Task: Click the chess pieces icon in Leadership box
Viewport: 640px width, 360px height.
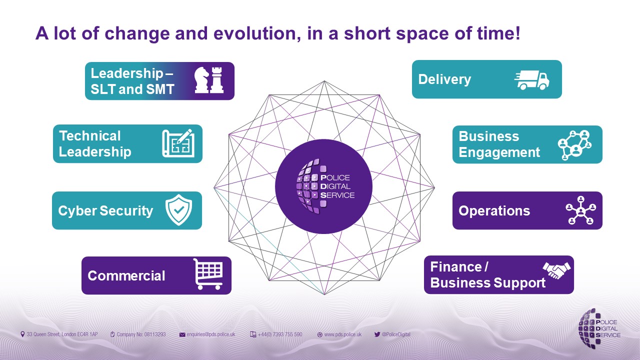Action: point(209,80)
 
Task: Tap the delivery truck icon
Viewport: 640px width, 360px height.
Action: point(532,79)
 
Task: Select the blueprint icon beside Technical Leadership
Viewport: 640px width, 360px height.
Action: point(177,143)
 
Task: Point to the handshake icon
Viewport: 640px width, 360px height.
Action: point(556,270)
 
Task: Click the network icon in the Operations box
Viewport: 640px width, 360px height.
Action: point(580,210)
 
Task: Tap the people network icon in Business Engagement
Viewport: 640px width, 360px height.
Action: point(574,144)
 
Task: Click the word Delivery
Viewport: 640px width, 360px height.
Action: point(444,79)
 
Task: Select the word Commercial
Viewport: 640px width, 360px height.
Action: point(126,275)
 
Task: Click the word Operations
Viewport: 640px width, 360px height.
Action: point(494,210)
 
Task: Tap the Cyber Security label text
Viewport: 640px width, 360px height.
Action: point(105,210)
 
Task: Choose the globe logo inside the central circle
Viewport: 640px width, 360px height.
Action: point(308,186)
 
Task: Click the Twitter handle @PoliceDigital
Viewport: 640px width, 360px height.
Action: point(396,334)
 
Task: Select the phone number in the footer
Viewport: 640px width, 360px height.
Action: point(279,334)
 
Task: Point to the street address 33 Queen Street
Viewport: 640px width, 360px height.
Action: point(62,334)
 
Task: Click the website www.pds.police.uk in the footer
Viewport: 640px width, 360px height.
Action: point(342,334)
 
